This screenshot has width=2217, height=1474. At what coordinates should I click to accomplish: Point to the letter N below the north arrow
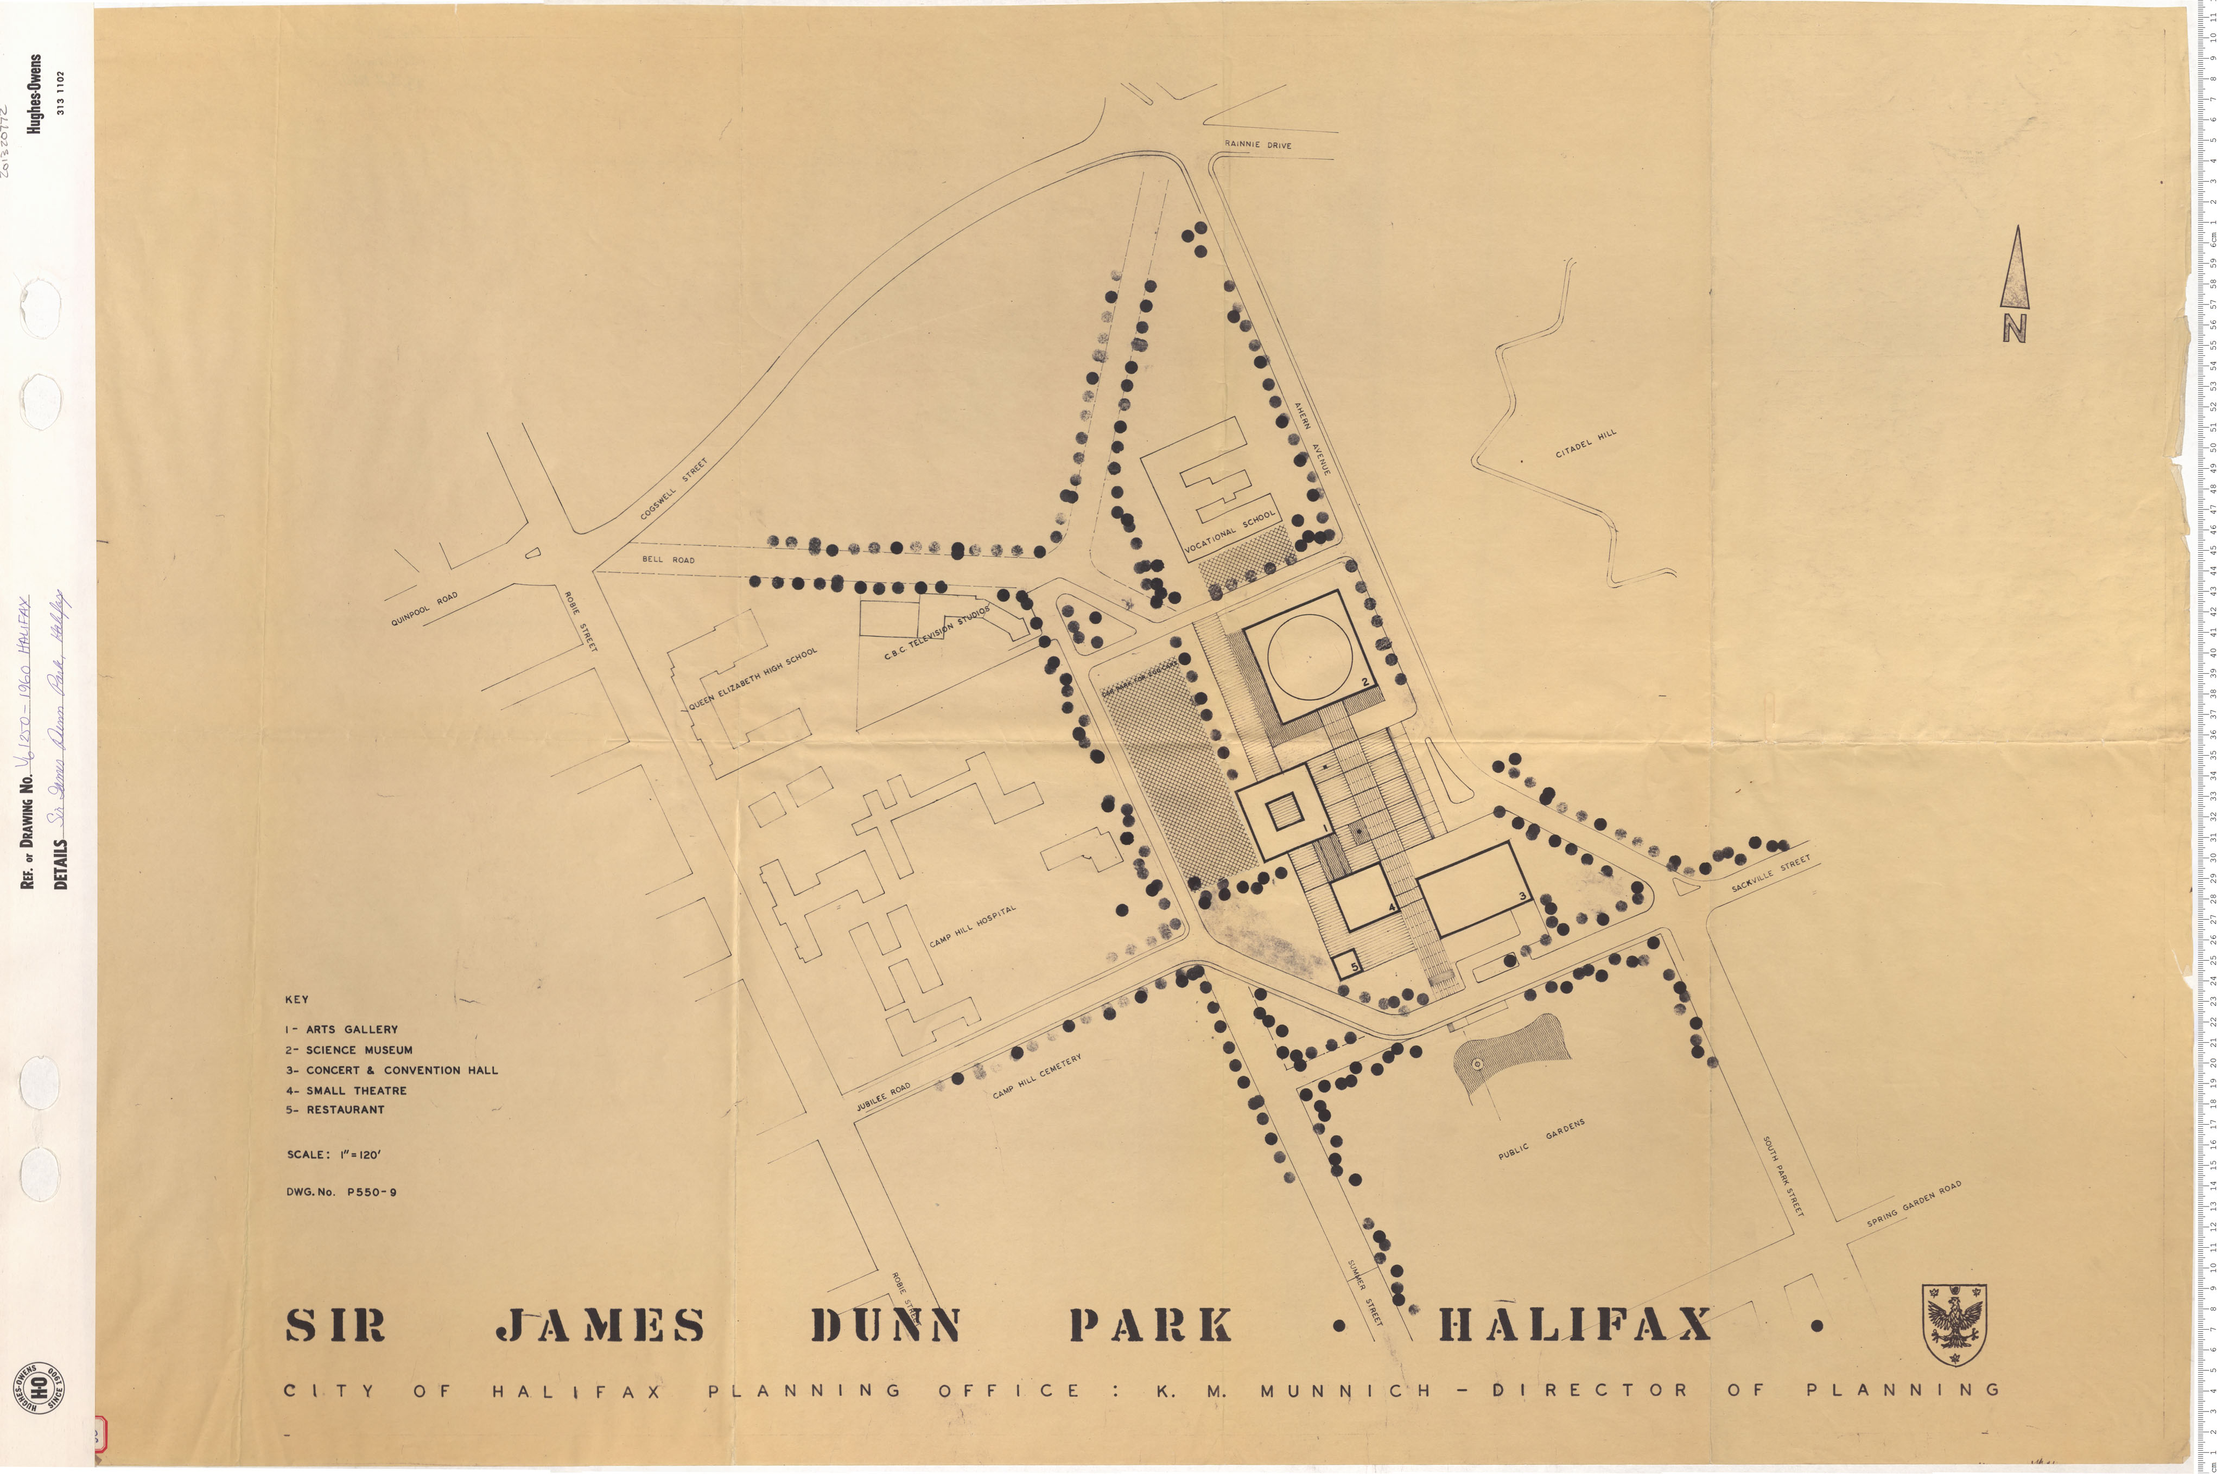coord(2014,328)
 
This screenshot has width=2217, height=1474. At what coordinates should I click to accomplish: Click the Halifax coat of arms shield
coord(1954,1324)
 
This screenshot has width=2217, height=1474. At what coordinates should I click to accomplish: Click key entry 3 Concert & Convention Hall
coord(392,1070)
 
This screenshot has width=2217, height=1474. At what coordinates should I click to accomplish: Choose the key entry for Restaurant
coord(335,1109)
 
